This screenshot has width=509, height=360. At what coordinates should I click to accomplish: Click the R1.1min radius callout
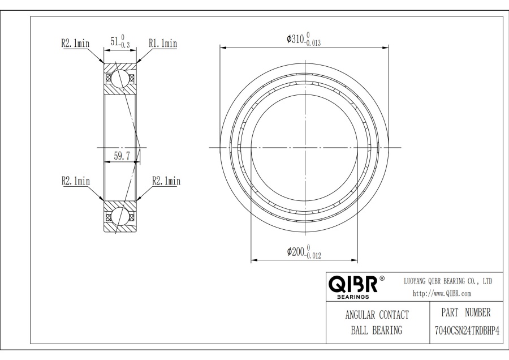tap(163, 43)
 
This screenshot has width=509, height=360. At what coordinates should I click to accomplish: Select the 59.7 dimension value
tap(122, 156)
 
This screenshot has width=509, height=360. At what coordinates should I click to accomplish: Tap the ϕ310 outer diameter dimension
tap(304, 39)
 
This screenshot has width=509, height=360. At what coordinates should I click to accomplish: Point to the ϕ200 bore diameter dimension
tap(304, 252)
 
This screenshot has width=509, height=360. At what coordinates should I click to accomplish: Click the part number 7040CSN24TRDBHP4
tap(467, 331)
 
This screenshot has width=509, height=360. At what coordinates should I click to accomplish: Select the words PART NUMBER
tap(466, 312)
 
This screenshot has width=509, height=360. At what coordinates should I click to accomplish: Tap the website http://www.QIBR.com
tap(442, 294)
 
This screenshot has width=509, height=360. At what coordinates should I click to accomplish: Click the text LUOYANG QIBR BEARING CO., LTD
tap(448, 281)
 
